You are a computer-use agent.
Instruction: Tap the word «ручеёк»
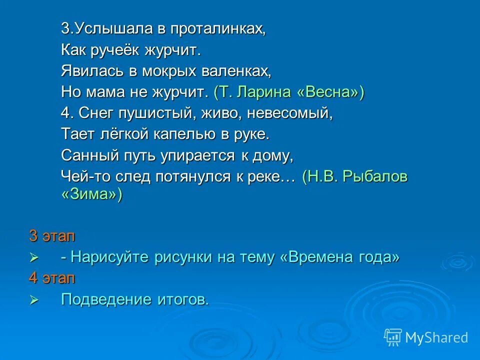114,50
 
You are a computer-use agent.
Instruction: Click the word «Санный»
90,155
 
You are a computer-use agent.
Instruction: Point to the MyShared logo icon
392,337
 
